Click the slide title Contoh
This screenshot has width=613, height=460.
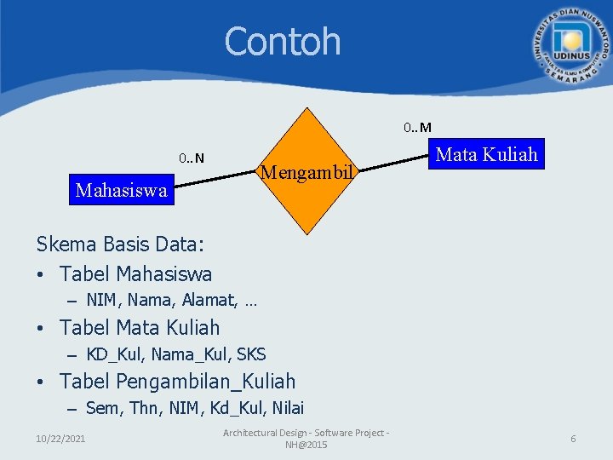(x=282, y=42)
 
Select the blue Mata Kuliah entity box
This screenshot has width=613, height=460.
(x=487, y=154)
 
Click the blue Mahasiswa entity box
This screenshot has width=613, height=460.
(x=121, y=190)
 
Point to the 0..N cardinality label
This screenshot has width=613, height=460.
(x=192, y=158)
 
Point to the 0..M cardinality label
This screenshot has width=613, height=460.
(x=417, y=128)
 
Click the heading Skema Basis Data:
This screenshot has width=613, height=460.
(x=120, y=244)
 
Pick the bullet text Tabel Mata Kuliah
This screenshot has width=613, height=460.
(x=140, y=327)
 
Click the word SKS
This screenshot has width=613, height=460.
(x=251, y=354)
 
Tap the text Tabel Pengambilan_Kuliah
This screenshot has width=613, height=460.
(x=178, y=381)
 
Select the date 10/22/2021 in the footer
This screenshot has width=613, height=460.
(x=60, y=438)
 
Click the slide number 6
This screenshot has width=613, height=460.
(x=573, y=438)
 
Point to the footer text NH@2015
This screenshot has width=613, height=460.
(x=306, y=445)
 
